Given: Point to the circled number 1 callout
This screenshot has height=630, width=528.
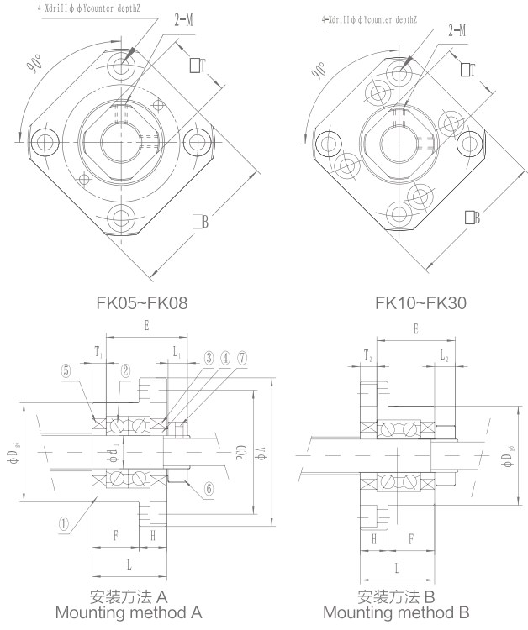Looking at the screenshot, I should pos(63,522).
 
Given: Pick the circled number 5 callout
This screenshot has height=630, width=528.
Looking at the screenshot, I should pos(66,368).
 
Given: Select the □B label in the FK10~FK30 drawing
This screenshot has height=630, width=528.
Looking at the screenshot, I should pos(472,218).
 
